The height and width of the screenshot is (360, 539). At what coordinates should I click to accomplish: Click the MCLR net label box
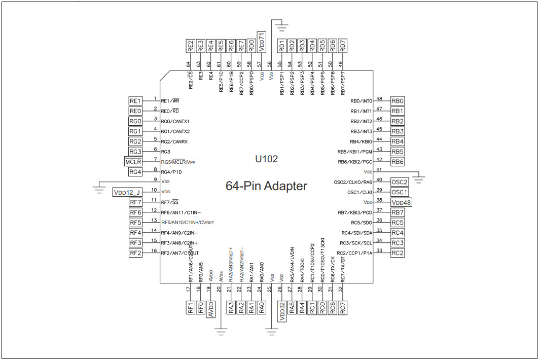click(134, 162)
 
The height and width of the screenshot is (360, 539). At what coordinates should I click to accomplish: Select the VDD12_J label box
click(127, 192)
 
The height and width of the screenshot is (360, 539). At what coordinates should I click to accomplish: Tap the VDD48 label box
click(401, 202)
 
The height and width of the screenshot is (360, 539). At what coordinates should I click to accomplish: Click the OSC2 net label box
click(399, 182)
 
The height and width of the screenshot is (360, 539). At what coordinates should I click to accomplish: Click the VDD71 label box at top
click(261, 41)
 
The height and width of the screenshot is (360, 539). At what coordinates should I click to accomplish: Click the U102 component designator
click(266, 159)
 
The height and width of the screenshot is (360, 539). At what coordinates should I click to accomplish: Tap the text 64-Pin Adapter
click(266, 186)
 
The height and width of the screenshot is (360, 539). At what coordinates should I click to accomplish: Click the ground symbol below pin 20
click(221, 332)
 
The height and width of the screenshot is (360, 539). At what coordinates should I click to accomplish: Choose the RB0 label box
click(398, 101)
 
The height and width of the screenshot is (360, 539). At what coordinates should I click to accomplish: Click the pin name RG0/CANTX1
click(175, 121)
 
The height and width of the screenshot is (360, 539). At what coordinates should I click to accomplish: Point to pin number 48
click(379, 99)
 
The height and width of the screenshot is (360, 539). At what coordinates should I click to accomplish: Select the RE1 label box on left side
click(135, 101)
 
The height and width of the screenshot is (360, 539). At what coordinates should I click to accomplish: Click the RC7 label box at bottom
click(343, 307)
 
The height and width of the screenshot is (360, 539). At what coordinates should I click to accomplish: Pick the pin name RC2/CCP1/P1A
click(355, 253)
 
